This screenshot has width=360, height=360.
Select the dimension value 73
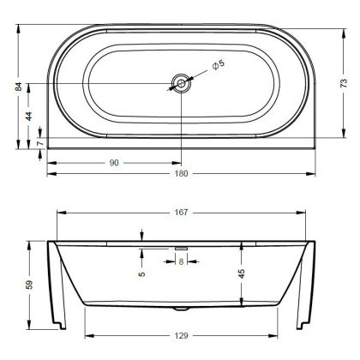click(344, 83)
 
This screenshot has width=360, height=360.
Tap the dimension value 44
click(28, 115)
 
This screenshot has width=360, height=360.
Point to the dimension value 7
click(28, 143)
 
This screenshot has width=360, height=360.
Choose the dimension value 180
click(181, 173)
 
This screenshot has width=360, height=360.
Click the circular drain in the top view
click(181, 83)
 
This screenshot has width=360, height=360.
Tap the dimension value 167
click(182, 212)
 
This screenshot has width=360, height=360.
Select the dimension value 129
click(181, 335)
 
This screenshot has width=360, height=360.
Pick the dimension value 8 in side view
click(181, 262)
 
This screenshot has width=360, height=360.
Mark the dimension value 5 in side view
click(142, 274)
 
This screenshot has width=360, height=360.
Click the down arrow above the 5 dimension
click(142, 237)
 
